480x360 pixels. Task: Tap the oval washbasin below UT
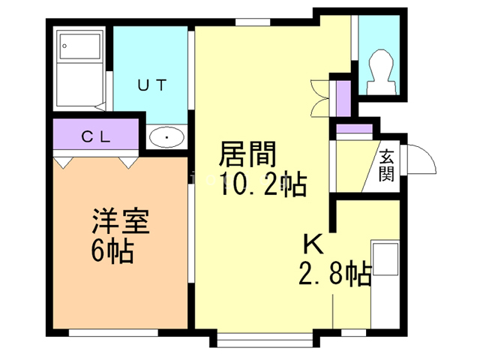166,136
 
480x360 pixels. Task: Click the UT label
152,85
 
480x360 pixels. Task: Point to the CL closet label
96,136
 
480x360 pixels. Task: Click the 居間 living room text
248,154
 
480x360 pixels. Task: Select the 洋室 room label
120,221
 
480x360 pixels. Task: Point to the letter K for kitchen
313,244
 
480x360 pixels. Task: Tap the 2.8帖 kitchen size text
335,273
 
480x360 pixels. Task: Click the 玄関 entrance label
386,166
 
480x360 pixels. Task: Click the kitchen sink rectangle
385,258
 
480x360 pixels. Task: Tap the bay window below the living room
265,340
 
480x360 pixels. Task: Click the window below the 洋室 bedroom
113,333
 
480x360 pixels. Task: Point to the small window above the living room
253,22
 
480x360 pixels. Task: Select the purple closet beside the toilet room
343,98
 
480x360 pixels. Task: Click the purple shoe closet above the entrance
354,128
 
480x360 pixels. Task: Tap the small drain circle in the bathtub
64,46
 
